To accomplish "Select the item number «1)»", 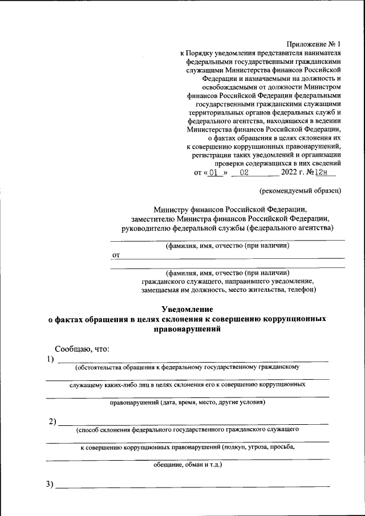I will [x=51, y=359].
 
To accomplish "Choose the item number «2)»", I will [x=52, y=422].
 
